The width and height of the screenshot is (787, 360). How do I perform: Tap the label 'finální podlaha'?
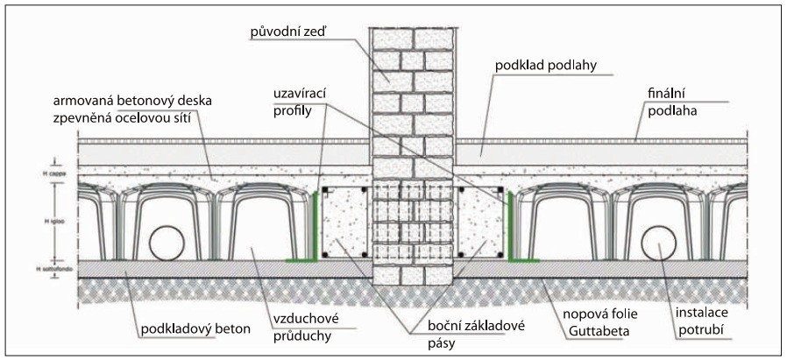(672, 105)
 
